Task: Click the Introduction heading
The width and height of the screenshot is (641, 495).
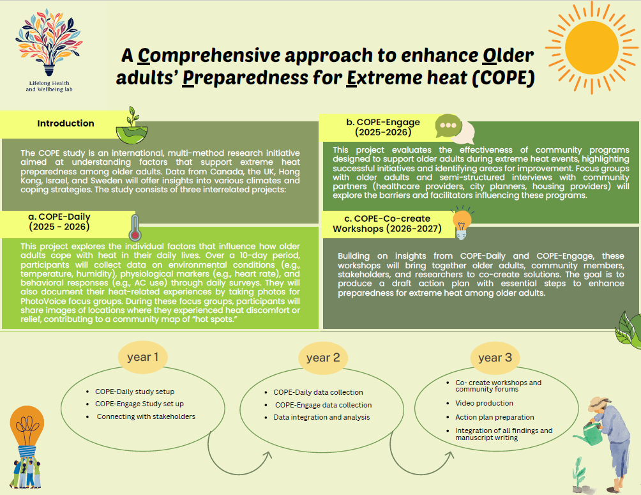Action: click(x=66, y=123)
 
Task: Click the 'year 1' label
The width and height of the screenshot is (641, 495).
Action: click(x=142, y=357)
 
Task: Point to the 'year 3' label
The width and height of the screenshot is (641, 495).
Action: click(x=495, y=358)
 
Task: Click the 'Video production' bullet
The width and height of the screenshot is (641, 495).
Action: click(x=484, y=403)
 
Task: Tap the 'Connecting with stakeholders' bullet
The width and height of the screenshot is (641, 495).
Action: click(x=146, y=416)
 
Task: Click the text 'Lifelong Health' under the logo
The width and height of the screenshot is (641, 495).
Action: click(x=49, y=83)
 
